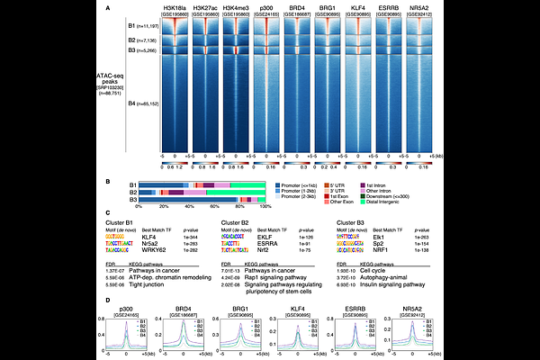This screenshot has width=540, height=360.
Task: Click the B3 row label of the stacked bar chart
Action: click(x=130, y=200)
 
